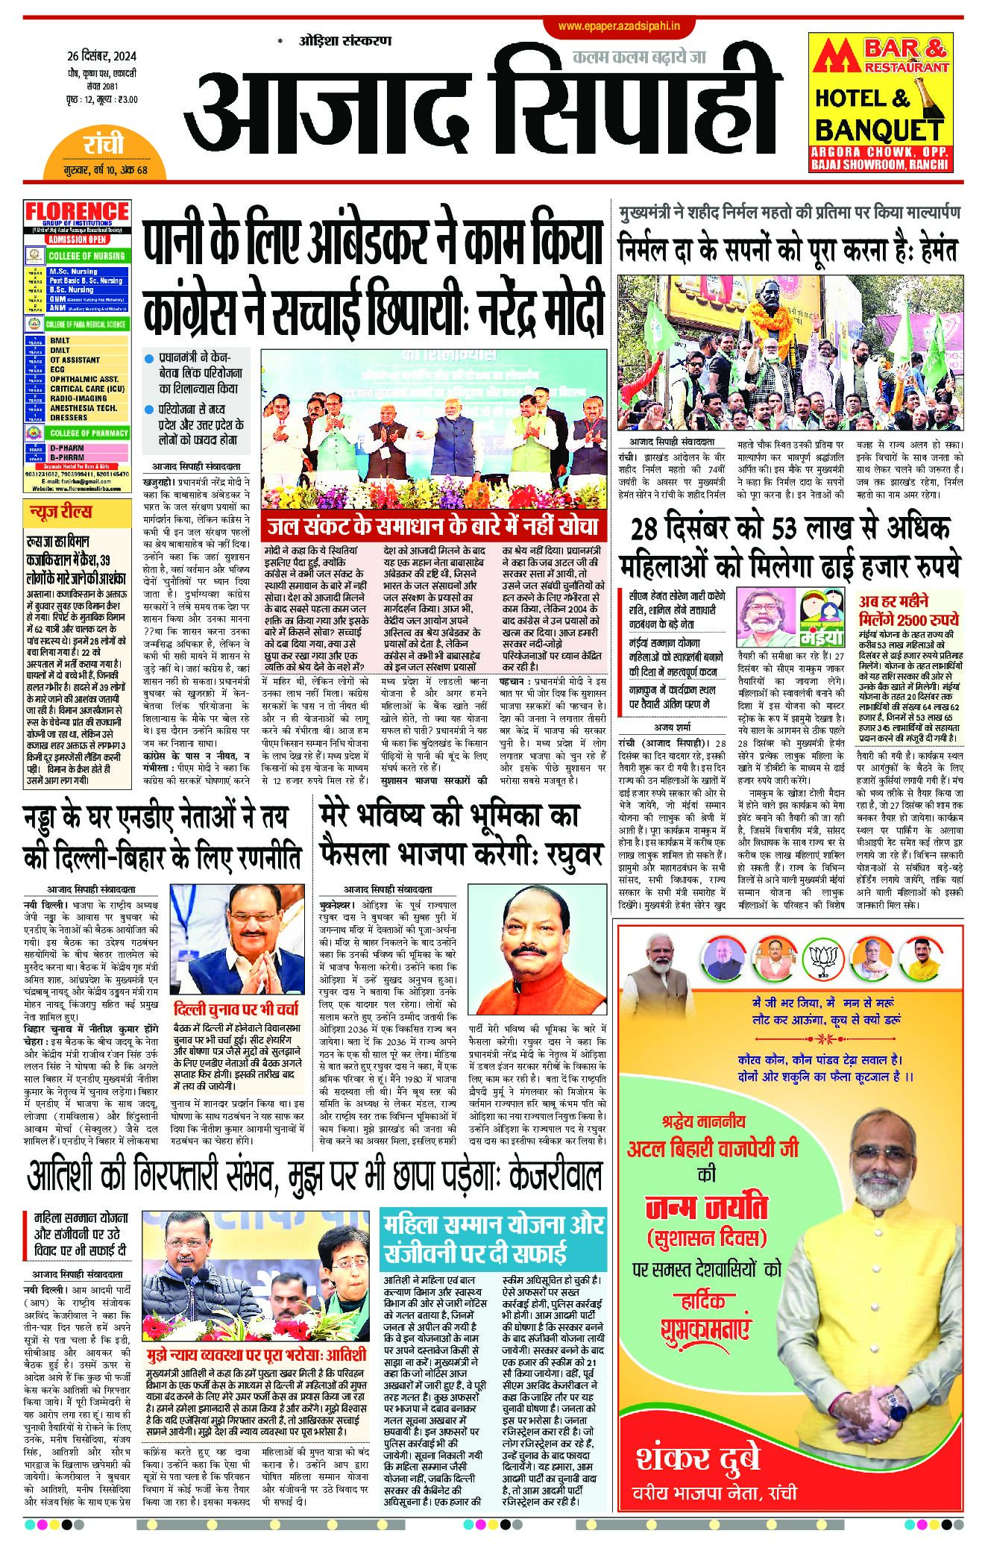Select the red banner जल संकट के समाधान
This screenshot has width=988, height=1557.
tap(434, 527)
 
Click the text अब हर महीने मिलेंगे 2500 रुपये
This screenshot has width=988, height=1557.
tap(909, 611)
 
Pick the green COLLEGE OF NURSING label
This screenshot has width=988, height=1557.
tap(86, 256)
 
